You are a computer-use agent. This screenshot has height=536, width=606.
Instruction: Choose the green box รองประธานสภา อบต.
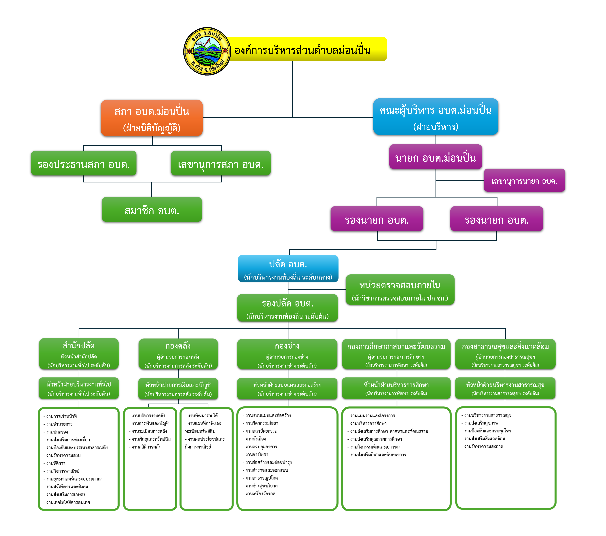(84, 163)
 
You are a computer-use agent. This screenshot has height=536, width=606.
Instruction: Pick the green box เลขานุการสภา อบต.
(221, 163)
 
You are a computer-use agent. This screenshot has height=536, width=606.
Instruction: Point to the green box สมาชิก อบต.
(152, 210)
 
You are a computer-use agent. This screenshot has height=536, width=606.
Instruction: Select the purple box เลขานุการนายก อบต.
(524, 181)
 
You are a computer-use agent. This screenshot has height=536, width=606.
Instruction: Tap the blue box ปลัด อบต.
(288, 269)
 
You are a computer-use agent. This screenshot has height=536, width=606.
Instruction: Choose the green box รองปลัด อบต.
(287, 308)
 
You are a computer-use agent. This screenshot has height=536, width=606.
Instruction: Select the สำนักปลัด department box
(79, 354)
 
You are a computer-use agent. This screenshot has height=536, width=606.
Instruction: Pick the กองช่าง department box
(287, 354)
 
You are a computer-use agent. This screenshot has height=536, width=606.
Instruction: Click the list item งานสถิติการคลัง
(146, 447)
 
